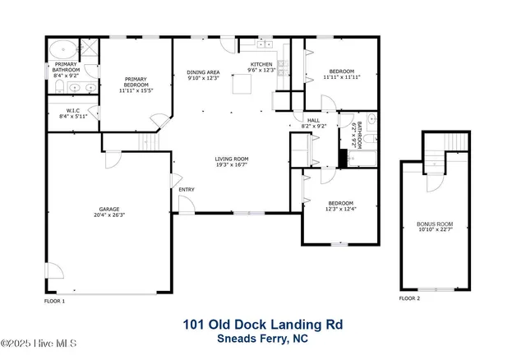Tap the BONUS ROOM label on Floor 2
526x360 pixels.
coord(435,224)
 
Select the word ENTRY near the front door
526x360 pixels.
coord(187,190)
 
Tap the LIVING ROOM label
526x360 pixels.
coord(232,159)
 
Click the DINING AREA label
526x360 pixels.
coord(204,72)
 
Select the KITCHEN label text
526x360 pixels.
coord(261,64)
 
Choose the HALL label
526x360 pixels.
coord(313,121)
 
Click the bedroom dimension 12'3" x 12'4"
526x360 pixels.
coord(341,209)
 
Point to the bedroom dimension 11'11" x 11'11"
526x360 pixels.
coord(341,77)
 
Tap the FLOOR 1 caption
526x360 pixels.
coord(54,302)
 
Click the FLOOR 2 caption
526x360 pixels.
coord(409,298)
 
